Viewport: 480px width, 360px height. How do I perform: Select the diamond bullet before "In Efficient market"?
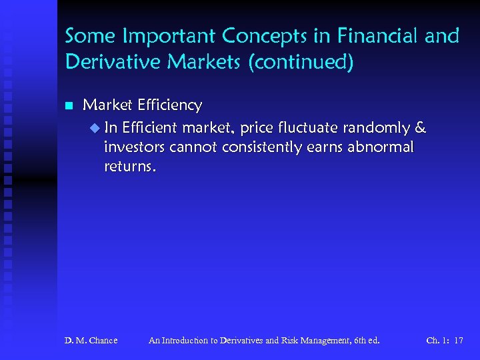point(93,128)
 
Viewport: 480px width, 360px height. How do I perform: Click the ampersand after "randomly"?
point(421,128)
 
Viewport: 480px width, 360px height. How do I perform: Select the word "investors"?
point(135,147)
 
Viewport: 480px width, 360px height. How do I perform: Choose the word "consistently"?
point(267,147)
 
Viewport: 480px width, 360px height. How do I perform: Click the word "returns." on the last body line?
point(131,167)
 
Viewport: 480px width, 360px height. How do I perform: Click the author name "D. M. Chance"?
point(91,341)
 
